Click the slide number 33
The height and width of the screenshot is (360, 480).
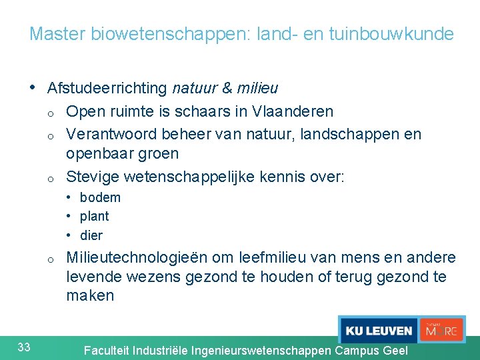point(24,346)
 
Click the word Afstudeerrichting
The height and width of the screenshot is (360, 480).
point(107,88)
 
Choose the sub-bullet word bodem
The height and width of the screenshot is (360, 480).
point(100,197)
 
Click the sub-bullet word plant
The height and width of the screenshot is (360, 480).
point(94,216)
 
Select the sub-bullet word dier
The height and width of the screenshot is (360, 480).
point(91,235)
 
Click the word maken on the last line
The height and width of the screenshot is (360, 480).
point(90,295)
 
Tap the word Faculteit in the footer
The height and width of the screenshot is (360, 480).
point(107,350)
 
